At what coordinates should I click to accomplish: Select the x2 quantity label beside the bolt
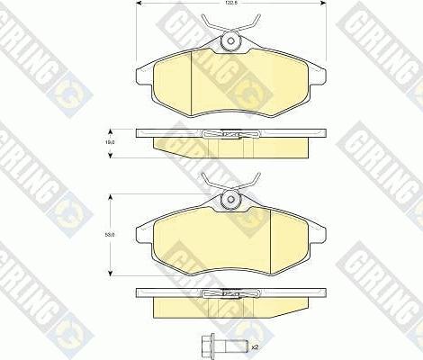point(255,346)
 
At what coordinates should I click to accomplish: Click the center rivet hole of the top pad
point(229,40)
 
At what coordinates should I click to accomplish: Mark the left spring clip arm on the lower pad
point(209,184)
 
